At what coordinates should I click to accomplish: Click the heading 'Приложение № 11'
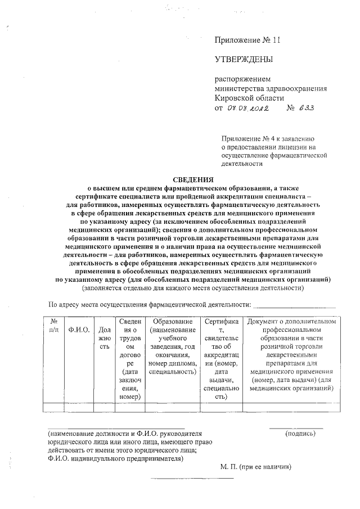(x=247, y=40)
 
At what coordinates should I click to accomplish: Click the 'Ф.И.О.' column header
(x=79, y=330)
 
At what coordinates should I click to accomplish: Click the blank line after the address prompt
(x=294, y=307)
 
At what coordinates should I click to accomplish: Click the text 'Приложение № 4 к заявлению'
(x=271, y=137)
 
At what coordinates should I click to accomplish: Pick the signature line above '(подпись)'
(x=296, y=429)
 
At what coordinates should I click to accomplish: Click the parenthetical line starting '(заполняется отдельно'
(x=192, y=288)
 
